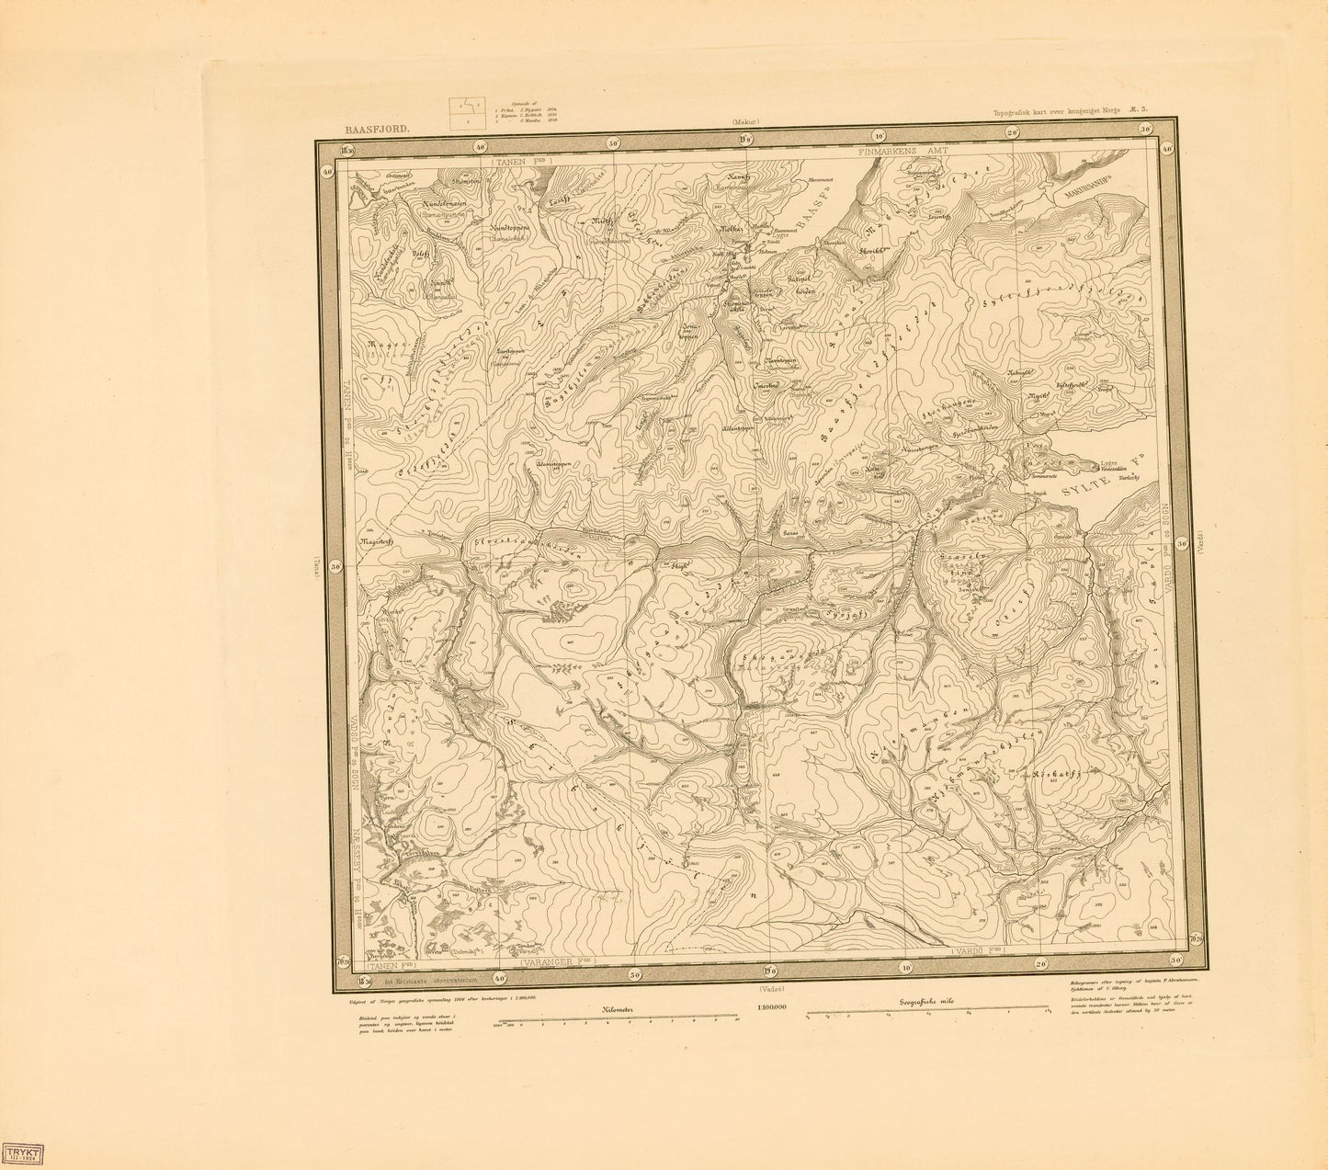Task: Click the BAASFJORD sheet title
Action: tap(365, 131)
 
